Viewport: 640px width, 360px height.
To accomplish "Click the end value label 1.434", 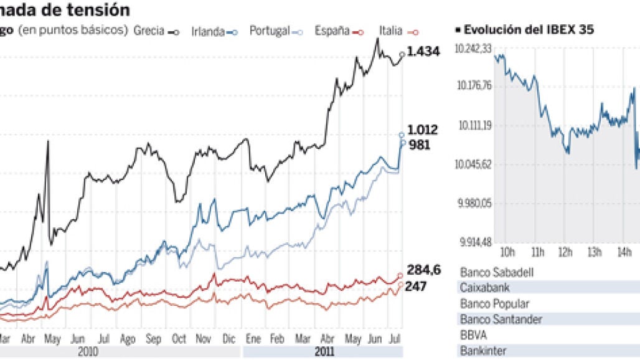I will click(x=423, y=52).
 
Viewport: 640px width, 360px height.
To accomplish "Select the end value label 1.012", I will click(x=423, y=130).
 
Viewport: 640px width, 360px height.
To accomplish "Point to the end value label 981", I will click(x=420, y=146).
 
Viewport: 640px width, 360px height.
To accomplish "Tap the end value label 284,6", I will click(x=424, y=270).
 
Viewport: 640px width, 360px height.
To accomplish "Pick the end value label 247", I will click(x=416, y=287).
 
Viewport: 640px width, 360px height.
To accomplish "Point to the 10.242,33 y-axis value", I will click(x=473, y=49).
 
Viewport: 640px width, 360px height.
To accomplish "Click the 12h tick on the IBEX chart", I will click(x=565, y=252).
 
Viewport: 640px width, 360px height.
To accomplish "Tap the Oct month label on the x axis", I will click(x=179, y=339).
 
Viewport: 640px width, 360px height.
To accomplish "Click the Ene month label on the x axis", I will click(x=253, y=339).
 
